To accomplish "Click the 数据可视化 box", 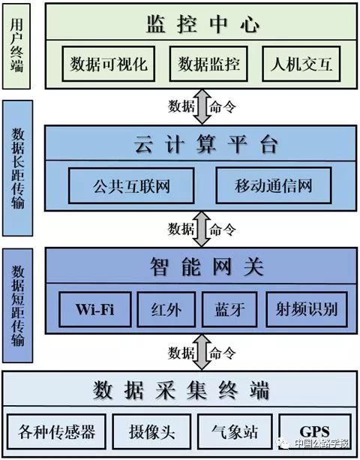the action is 108,64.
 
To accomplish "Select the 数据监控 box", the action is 208,64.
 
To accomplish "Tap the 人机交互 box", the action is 301,64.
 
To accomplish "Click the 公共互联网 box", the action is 131,185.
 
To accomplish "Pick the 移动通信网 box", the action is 274,185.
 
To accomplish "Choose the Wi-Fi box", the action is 95,309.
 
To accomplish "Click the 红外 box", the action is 166,309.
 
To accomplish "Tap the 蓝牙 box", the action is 229,309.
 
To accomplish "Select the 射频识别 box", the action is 307,309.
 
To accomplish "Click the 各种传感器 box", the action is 56,431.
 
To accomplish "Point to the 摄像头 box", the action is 151,431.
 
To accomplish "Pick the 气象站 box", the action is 235,431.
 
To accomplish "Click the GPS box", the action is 315,431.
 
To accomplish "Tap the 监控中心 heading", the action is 202,24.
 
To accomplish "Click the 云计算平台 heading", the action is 205,144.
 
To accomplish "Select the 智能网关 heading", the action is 207,266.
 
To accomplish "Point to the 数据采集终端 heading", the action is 181,390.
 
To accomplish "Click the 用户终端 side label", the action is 16,46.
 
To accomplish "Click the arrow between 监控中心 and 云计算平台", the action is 202,107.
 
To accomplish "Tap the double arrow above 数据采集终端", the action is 202,352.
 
